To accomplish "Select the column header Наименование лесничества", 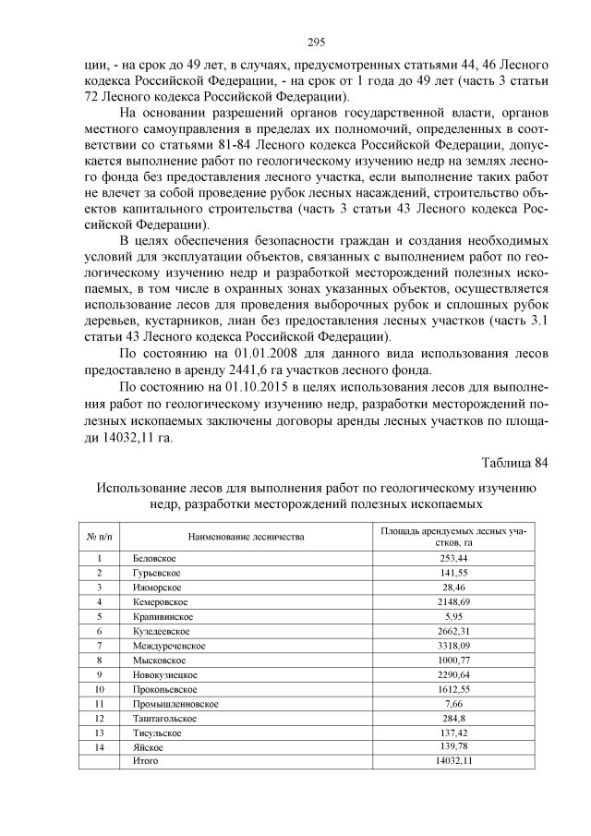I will click(247, 536).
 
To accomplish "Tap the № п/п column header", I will click(98, 536).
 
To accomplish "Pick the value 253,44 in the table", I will click(453, 559).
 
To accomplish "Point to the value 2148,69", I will click(453, 601).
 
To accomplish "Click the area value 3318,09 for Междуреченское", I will click(453, 645).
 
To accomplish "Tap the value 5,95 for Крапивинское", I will click(453, 616).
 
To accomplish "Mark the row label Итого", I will click(137, 760).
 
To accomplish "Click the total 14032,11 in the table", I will click(453, 760).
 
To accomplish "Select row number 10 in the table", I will click(98, 688).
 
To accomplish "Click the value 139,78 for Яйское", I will click(453, 745).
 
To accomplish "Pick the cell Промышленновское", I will click(162, 703).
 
